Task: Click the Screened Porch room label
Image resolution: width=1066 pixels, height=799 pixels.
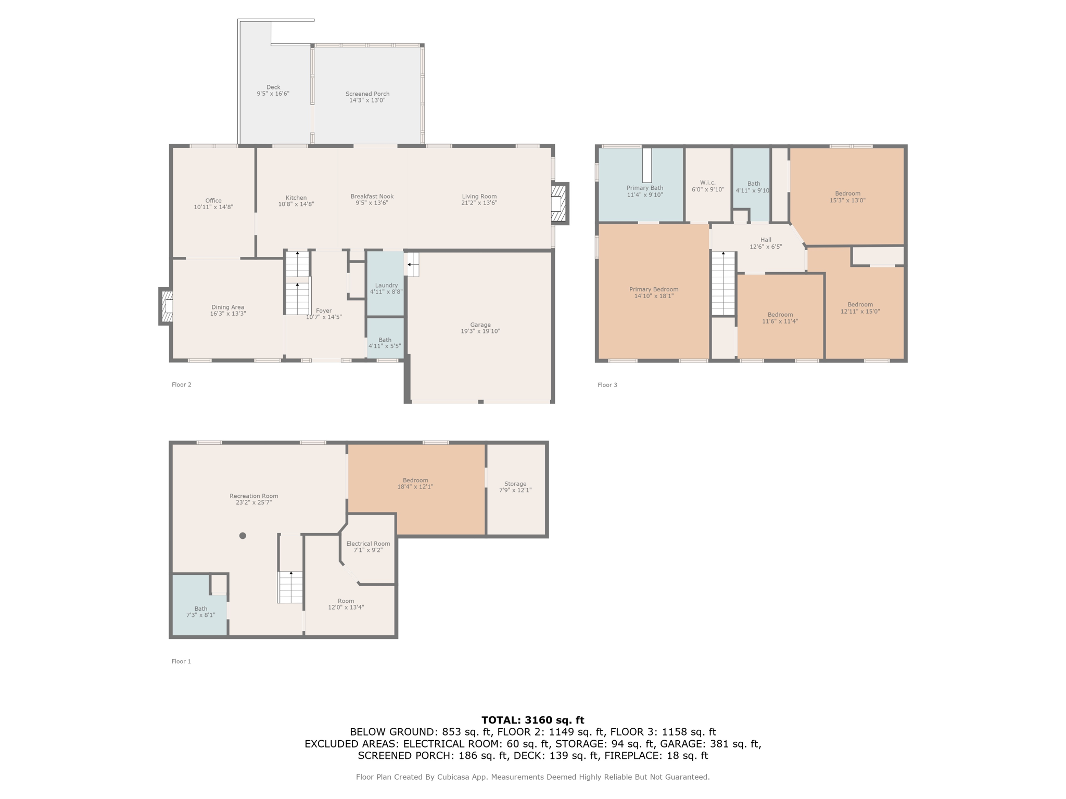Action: click(367, 94)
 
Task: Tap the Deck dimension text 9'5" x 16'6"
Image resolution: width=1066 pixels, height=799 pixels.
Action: click(273, 94)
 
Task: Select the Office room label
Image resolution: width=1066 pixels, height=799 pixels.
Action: click(213, 201)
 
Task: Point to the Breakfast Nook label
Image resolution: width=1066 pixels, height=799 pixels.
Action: click(372, 197)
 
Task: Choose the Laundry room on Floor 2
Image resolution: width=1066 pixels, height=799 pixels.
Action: click(386, 284)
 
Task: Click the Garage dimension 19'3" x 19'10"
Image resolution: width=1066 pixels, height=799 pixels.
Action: click(480, 331)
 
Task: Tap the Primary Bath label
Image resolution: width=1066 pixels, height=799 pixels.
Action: click(645, 188)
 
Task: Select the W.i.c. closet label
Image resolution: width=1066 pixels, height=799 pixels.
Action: click(708, 183)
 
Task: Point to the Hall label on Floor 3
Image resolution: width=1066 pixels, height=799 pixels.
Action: click(766, 240)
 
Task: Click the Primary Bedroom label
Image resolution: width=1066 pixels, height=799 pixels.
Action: click(654, 290)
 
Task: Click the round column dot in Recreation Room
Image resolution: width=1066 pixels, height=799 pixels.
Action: click(243, 536)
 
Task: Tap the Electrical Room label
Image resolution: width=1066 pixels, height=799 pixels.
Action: click(368, 544)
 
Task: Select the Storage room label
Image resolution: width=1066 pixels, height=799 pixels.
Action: click(515, 484)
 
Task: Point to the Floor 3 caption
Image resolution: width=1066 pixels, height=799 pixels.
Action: click(607, 385)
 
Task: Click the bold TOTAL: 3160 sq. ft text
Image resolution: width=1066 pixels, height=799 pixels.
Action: click(533, 720)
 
